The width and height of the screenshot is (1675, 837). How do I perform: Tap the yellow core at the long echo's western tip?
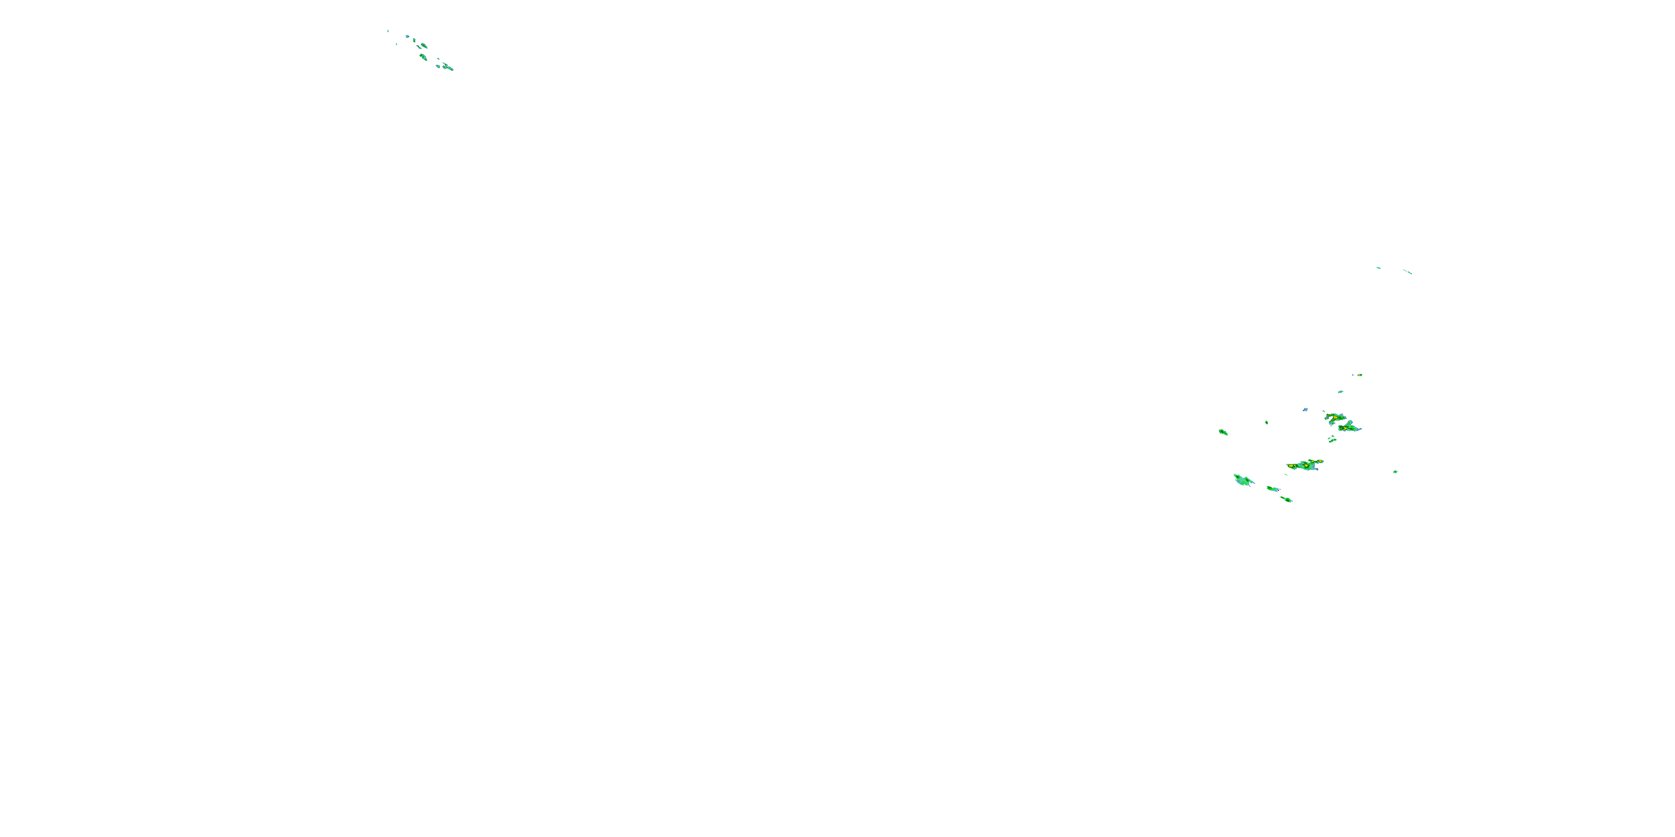(x=1290, y=465)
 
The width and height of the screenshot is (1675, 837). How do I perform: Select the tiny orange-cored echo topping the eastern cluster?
(x=1360, y=375)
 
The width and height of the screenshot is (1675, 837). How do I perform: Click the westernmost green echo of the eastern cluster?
(x=1223, y=432)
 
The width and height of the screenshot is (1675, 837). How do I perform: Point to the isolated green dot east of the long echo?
(x=1395, y=472)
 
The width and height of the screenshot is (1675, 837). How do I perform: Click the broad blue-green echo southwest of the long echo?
(x=1243, y=480)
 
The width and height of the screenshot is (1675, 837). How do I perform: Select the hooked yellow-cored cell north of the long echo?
(x=1334, y=417)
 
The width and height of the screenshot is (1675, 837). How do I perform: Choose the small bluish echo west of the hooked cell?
(x=1305, y=410)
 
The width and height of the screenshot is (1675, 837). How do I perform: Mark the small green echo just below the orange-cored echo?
(x=1340, y=392)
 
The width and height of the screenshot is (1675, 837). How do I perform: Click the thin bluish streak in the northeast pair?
(x=1408, y=272)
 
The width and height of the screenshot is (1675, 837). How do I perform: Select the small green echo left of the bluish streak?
(x=1378, y=268)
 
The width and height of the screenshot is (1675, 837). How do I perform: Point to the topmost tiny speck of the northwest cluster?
(x=388, y=30)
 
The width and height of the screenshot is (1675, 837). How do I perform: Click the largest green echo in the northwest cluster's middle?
(x=423, y=57)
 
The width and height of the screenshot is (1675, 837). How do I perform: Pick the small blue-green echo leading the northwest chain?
(x=408, y=36)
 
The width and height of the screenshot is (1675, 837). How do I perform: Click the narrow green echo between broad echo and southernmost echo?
(x=1272, y=489)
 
